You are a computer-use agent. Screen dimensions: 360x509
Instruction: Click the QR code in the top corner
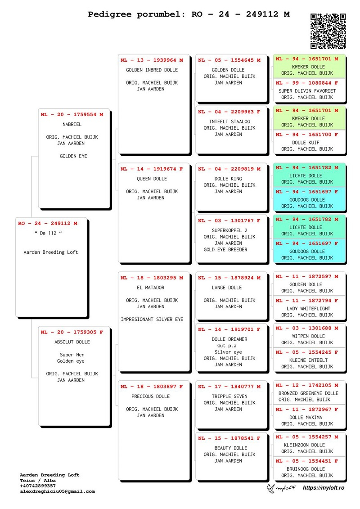point(328,31)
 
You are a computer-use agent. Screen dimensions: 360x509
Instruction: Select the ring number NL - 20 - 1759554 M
point(72,115)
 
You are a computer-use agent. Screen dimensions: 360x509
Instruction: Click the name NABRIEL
point(72,124)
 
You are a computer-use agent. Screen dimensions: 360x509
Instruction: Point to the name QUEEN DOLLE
point(152,179)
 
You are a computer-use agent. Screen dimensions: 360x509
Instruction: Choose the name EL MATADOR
point(151,288)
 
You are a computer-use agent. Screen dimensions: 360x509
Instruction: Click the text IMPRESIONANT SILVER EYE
point(152,320)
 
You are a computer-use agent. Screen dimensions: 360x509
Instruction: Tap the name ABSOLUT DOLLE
point(72,342)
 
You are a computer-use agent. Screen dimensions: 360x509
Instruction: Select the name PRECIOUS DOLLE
point(151,396)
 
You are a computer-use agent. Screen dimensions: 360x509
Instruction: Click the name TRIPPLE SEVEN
point(229,396)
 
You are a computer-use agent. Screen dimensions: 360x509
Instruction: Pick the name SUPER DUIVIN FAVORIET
point(307,91)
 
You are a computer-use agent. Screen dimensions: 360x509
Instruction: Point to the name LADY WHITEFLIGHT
point(308,308)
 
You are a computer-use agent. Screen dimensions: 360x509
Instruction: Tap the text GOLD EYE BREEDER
point(225,250)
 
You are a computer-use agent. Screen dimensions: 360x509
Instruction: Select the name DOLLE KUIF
point(306,143)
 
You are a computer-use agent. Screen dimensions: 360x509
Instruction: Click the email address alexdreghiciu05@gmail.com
point(58,491)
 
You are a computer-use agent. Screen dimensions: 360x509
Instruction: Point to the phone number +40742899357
point(38,486)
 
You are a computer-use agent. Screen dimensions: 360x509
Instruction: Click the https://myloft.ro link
point(324,488)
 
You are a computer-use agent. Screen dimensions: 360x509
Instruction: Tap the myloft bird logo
point(271,488)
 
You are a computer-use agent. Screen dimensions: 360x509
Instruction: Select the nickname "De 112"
point(48,233)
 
